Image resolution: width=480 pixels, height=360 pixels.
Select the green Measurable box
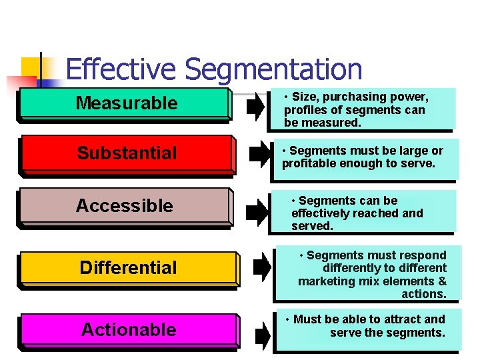click(126, 103)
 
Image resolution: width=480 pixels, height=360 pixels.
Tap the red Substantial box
click(127, 153)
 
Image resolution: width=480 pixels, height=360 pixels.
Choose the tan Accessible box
click(125, 206)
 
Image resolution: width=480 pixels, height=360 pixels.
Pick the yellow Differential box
click(128, 268)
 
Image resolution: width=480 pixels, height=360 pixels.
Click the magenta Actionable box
click(129, 330)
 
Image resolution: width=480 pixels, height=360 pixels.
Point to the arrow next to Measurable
click(255, 107)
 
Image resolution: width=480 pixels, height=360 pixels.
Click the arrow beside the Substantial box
click(258, 155)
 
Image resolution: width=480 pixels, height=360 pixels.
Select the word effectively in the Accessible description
click(321, 213)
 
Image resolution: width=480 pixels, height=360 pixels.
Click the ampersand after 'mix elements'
click(442, 281)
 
